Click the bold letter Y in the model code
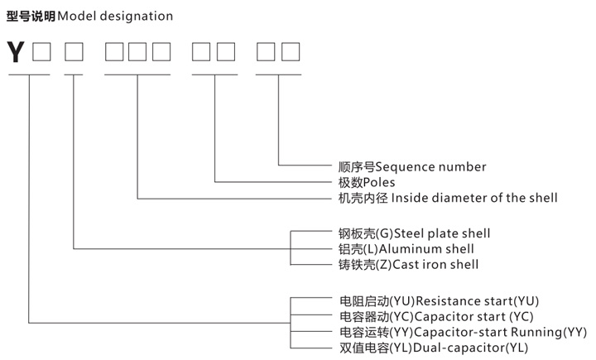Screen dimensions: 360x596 click(x=16, y=52)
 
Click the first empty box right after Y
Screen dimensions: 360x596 click(x=41, y=52)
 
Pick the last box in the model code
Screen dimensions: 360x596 click(x=291, y=52)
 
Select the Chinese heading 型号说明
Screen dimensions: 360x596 click(x=31, y=16)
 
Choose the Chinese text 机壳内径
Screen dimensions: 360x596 click(x=357, y=198)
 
